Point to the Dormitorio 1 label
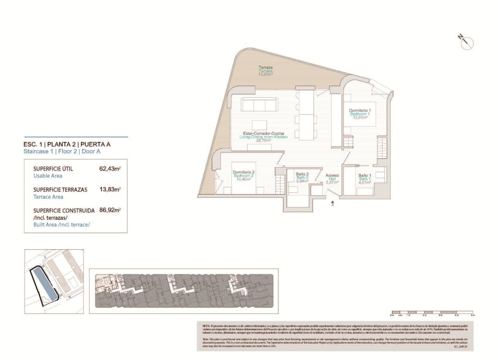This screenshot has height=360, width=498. point(361,110)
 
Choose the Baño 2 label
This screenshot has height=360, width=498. point(302,174)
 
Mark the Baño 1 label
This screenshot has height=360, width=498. point(364,175)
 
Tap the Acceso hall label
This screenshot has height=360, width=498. point(332,175)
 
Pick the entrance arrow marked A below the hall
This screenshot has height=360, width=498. point(333,203)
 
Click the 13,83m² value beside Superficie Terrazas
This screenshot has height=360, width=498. point(110,189)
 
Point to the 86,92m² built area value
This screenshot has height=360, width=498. point(110,209)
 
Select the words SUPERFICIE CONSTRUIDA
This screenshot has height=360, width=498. point(64,210)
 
